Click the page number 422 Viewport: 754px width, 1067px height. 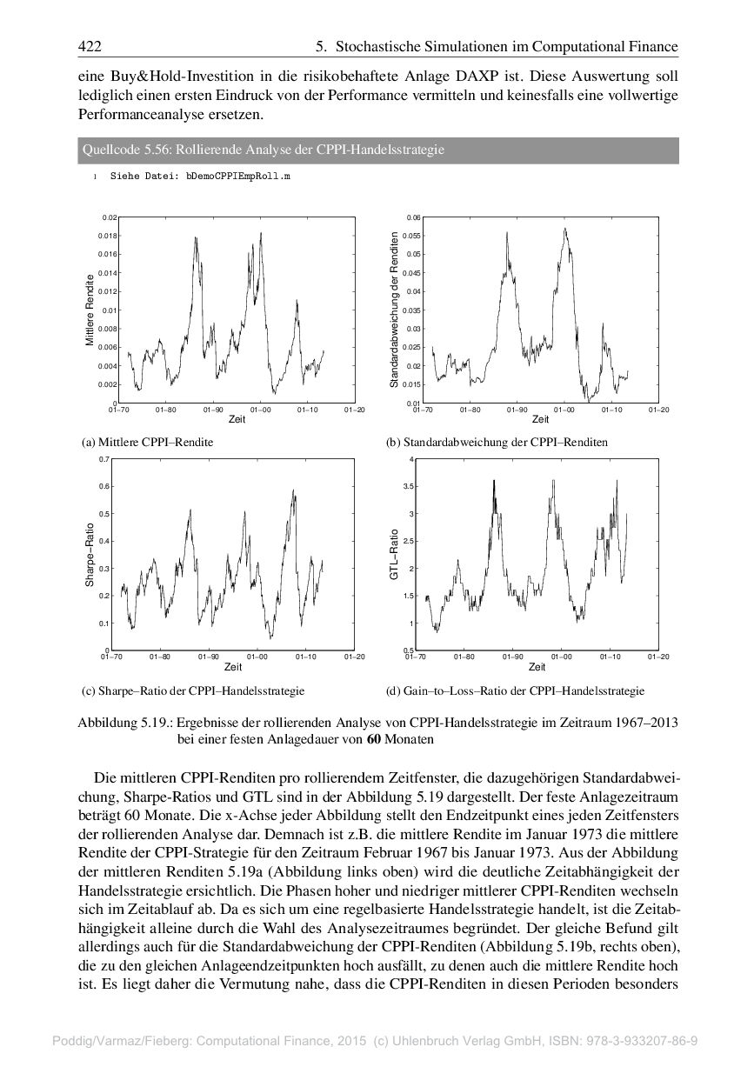(x=90, y=46)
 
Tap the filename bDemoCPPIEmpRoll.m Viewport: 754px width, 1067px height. (x=237, y=176)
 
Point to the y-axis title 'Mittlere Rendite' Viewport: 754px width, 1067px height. (x=90, y=310)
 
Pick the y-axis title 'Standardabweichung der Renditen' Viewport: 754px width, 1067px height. (x=394, y=310)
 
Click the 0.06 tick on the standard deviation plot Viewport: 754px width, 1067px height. (x=414, y=217)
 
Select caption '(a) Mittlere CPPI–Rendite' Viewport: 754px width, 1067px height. (x=147, y=443)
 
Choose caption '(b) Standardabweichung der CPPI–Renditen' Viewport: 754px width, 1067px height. (x=497, y=443)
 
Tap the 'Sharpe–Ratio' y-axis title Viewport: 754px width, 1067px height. (x=90, y=554)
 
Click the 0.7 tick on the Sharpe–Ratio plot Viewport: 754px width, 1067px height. (x=104, y=459)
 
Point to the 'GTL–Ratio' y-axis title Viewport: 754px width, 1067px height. (x=394, y=555)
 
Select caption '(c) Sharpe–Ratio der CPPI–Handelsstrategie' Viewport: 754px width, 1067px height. (x=193, y=691)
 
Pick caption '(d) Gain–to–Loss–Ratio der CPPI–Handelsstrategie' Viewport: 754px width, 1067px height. (x=515, y=691)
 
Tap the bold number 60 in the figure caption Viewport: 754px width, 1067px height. (x=373, y=739)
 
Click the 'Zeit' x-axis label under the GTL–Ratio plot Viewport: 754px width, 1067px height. (x=537, y=667)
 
